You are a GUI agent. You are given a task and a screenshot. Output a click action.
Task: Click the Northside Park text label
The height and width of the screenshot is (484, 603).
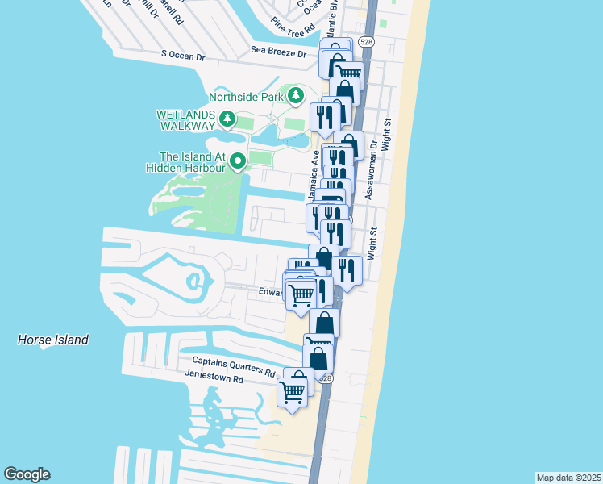(249, 97)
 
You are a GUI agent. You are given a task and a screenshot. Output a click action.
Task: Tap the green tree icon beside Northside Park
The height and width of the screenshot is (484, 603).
(296, 97)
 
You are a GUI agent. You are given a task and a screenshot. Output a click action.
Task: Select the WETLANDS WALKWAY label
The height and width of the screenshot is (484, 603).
(185, 120)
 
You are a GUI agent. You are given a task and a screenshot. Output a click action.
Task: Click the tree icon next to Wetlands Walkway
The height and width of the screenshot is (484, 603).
(227, 120)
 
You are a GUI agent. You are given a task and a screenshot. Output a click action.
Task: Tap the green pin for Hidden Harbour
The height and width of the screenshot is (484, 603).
(238, 162)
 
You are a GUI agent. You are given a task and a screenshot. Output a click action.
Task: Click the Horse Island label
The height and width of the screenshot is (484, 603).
(53, 340)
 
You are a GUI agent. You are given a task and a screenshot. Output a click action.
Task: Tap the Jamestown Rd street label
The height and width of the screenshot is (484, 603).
(214, 378)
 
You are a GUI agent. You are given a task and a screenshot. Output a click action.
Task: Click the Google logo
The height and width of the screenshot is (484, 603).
(27, 474)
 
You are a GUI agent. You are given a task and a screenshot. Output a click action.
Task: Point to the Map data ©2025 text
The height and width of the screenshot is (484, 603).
(568, 478)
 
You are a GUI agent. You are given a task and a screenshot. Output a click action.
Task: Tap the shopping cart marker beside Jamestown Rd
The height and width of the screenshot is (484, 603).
(292, 392)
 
